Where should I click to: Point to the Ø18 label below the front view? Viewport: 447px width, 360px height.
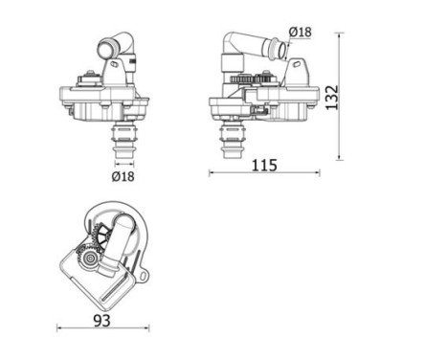[x=123, y=176]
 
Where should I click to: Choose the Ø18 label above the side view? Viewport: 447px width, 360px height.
[x=300, y=33]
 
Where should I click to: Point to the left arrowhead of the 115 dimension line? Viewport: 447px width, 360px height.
[x=212, y=174]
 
